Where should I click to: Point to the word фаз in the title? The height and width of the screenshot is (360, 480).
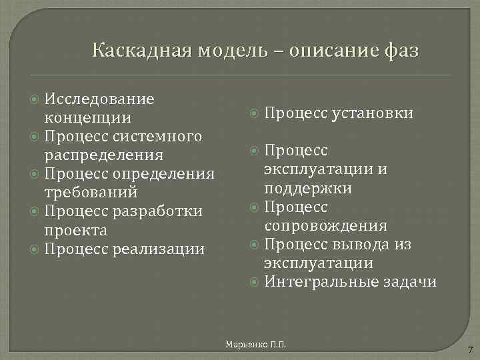coord(402,51)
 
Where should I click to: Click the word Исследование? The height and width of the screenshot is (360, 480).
coord(99,99)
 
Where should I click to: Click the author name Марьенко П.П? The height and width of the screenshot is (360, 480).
coord(256,343)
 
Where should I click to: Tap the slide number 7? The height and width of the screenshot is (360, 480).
coord(470,350)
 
